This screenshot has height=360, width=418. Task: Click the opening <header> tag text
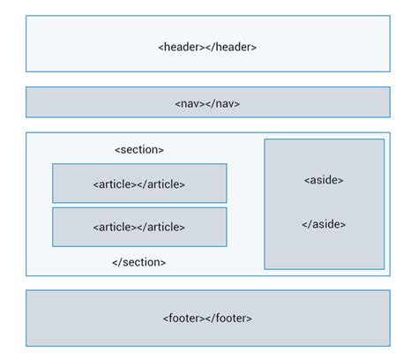[x=182, y=47]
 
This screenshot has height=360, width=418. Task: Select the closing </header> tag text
[x=232, y=47]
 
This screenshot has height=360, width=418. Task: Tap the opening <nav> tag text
[x=188, y=103]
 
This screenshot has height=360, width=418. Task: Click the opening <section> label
[x=139, y=150]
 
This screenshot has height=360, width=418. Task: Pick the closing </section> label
[x=139, y=262]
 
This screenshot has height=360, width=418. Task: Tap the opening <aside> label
[x=324, y=180]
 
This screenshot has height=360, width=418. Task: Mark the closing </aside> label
[x=324, y=224]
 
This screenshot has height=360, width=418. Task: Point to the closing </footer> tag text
[x=230, y=318]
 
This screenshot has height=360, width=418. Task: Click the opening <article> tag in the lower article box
[x=115, y=227]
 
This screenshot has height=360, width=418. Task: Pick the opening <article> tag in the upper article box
[x=115, y=184]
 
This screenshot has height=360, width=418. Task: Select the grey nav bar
[x=88, y=102]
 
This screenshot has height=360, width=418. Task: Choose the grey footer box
[x=88, y=318]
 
